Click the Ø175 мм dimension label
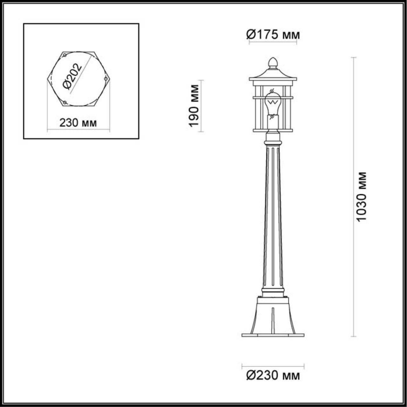(x=273, y=35)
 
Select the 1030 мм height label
(x=361, y=197)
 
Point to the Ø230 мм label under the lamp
(x=273, y=376)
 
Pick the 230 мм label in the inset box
(x=78, y=123)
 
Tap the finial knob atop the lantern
(x=273, y=62)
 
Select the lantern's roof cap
(x=273, y=75)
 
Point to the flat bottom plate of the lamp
(x=273, y=335)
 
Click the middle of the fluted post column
(x=273, y=216)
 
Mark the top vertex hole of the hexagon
(x=64, y=55)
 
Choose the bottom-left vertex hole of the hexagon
(x=64, y=102)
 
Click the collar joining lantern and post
(x=273, y=138)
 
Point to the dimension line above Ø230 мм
(x=273, y=365)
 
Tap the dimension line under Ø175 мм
(x=273, y=44)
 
